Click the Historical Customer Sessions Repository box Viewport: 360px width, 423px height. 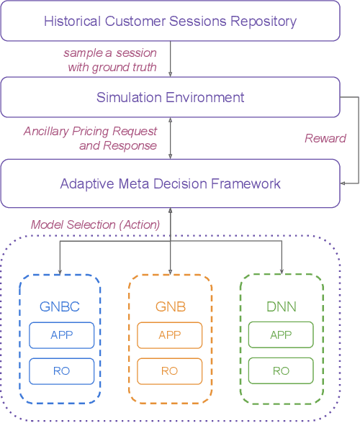(x=170, y=21)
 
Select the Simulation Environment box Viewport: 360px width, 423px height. (x=170, y=98)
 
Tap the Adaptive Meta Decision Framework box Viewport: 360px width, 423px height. (x=170, y=184)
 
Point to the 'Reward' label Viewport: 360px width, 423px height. (x=325, y=138)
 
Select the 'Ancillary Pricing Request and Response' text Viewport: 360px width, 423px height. (x=91, y=138)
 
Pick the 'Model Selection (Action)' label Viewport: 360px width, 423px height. (x=95, y=224)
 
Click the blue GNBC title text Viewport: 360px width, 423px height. (x=60, y=306)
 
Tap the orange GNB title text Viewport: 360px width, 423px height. (x=170, y=306)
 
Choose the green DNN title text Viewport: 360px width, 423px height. (x=280, y=306)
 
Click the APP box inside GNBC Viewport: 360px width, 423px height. (x=61, y=335)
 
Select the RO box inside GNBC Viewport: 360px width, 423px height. (x=61, y=370)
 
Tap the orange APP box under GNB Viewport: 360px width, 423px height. (x=170, y=335)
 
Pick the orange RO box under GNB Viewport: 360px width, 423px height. (x=170, y=370)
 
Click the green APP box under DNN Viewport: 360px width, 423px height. (x=280, y=335)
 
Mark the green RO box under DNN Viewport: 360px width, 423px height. (x=280, y=370)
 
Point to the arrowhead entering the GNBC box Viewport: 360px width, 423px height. (x=60, y=270)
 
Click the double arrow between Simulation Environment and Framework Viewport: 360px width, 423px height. (x=170, y=139)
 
